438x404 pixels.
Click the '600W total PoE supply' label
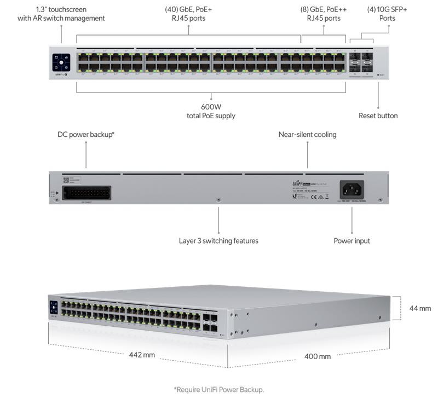pyautogui.click(x=211, y=111)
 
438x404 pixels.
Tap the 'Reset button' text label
pyautogui.click(x=378, y=116)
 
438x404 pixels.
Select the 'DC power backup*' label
pyautogui.click(x=86, y=134)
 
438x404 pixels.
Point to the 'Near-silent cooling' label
pyautogui.click(x=307, y=134)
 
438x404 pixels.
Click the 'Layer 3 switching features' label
pyautogui.click(x=218, y=240)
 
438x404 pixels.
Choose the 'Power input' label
pyautogui.click(x=351, y=240)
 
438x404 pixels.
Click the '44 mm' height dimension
pyautogui.click(x=420, y=308)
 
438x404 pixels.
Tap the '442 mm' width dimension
pyautogui.click(x=142, y=355)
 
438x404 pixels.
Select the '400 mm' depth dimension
pyautogui.click(x=318, y=356)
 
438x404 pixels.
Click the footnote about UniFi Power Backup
pyautogui.click(x=218, y=389)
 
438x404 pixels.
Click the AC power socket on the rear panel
pyautogui.click(x=352, y=189)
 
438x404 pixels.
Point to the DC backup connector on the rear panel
pyautogui.click(x=87, y=193)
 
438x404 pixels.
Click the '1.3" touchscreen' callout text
pyautogui.click(x=61, y=14)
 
